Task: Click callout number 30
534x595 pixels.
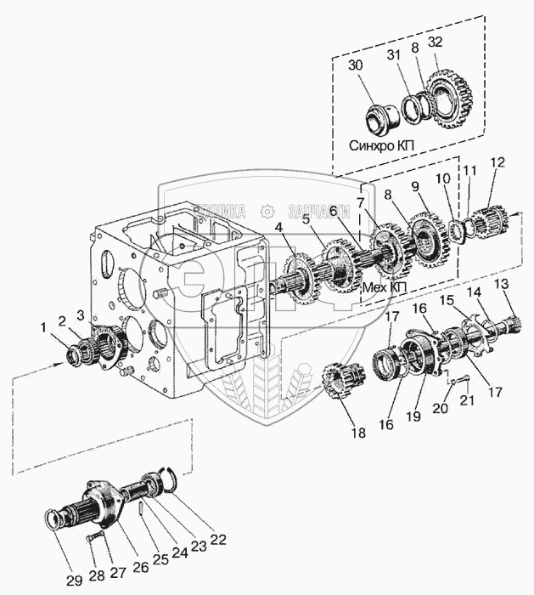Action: pyautogui.click(x=355, y=66)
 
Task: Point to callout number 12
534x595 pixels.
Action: pyautogui.click(x=497, y=161)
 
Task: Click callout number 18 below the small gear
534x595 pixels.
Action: pyautogui.click(x=358, y=433)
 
